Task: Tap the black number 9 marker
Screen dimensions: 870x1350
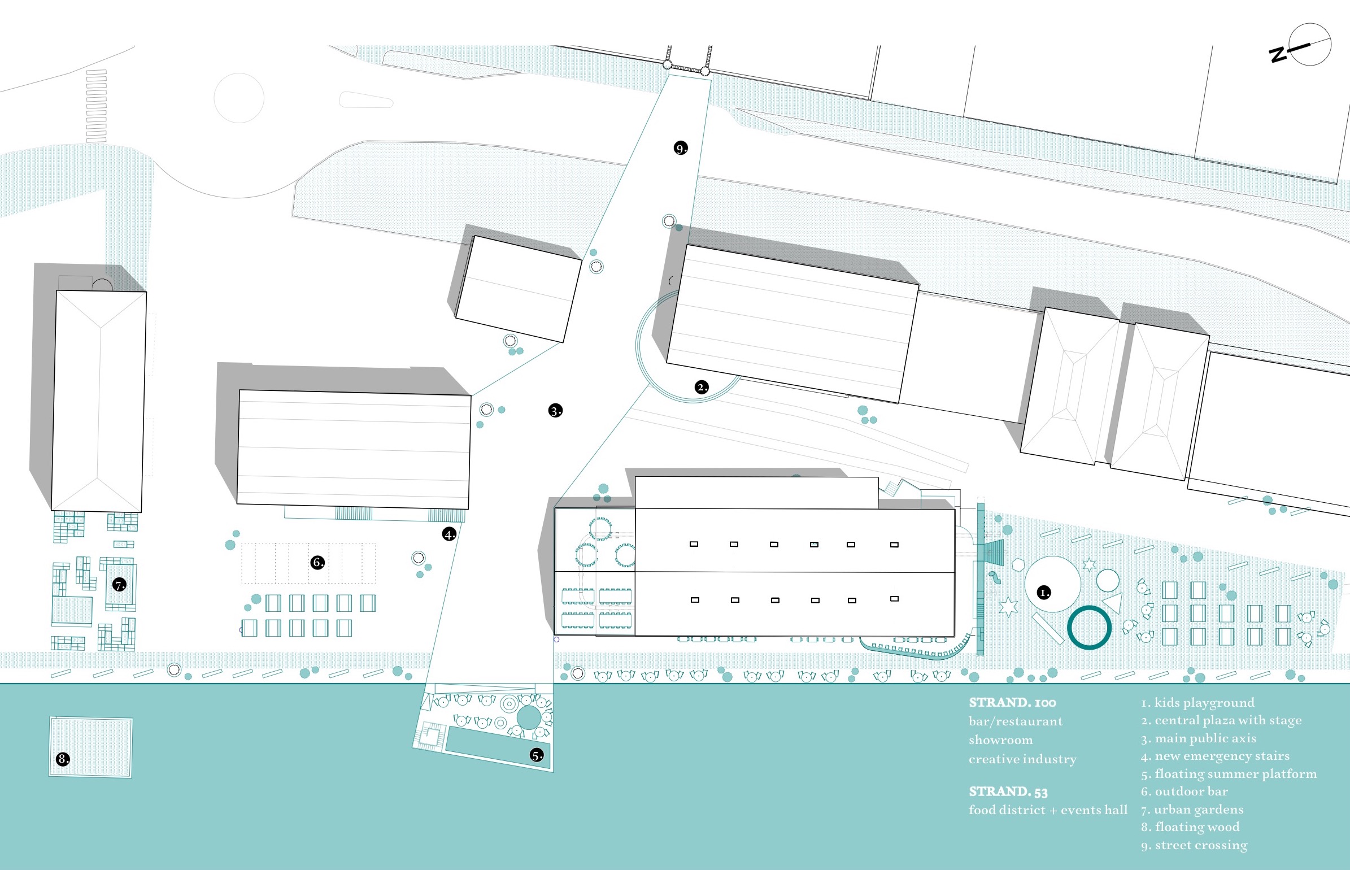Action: (681, 148)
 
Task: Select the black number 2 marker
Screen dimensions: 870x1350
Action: (701, 387)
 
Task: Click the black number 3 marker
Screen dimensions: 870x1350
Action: (555, 411)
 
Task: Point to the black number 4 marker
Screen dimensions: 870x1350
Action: (449, 534)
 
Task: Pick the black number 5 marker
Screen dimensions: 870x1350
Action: (537, 755)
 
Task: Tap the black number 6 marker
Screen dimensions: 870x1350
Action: (318, 562)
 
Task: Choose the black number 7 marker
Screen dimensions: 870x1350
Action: (119, 584)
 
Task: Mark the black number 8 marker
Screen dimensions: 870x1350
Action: (63, 759)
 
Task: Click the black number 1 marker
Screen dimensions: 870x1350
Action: (1044, 592)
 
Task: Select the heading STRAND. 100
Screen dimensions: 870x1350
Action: (1012, 702)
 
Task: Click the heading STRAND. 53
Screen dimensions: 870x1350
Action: (1008, 791)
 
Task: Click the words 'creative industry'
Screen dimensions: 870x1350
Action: (1022, 759)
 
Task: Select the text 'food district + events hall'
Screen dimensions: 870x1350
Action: (1048, 810)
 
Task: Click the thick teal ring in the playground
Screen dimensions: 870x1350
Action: (1089, 627)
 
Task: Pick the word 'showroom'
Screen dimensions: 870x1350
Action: (1000, 739)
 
